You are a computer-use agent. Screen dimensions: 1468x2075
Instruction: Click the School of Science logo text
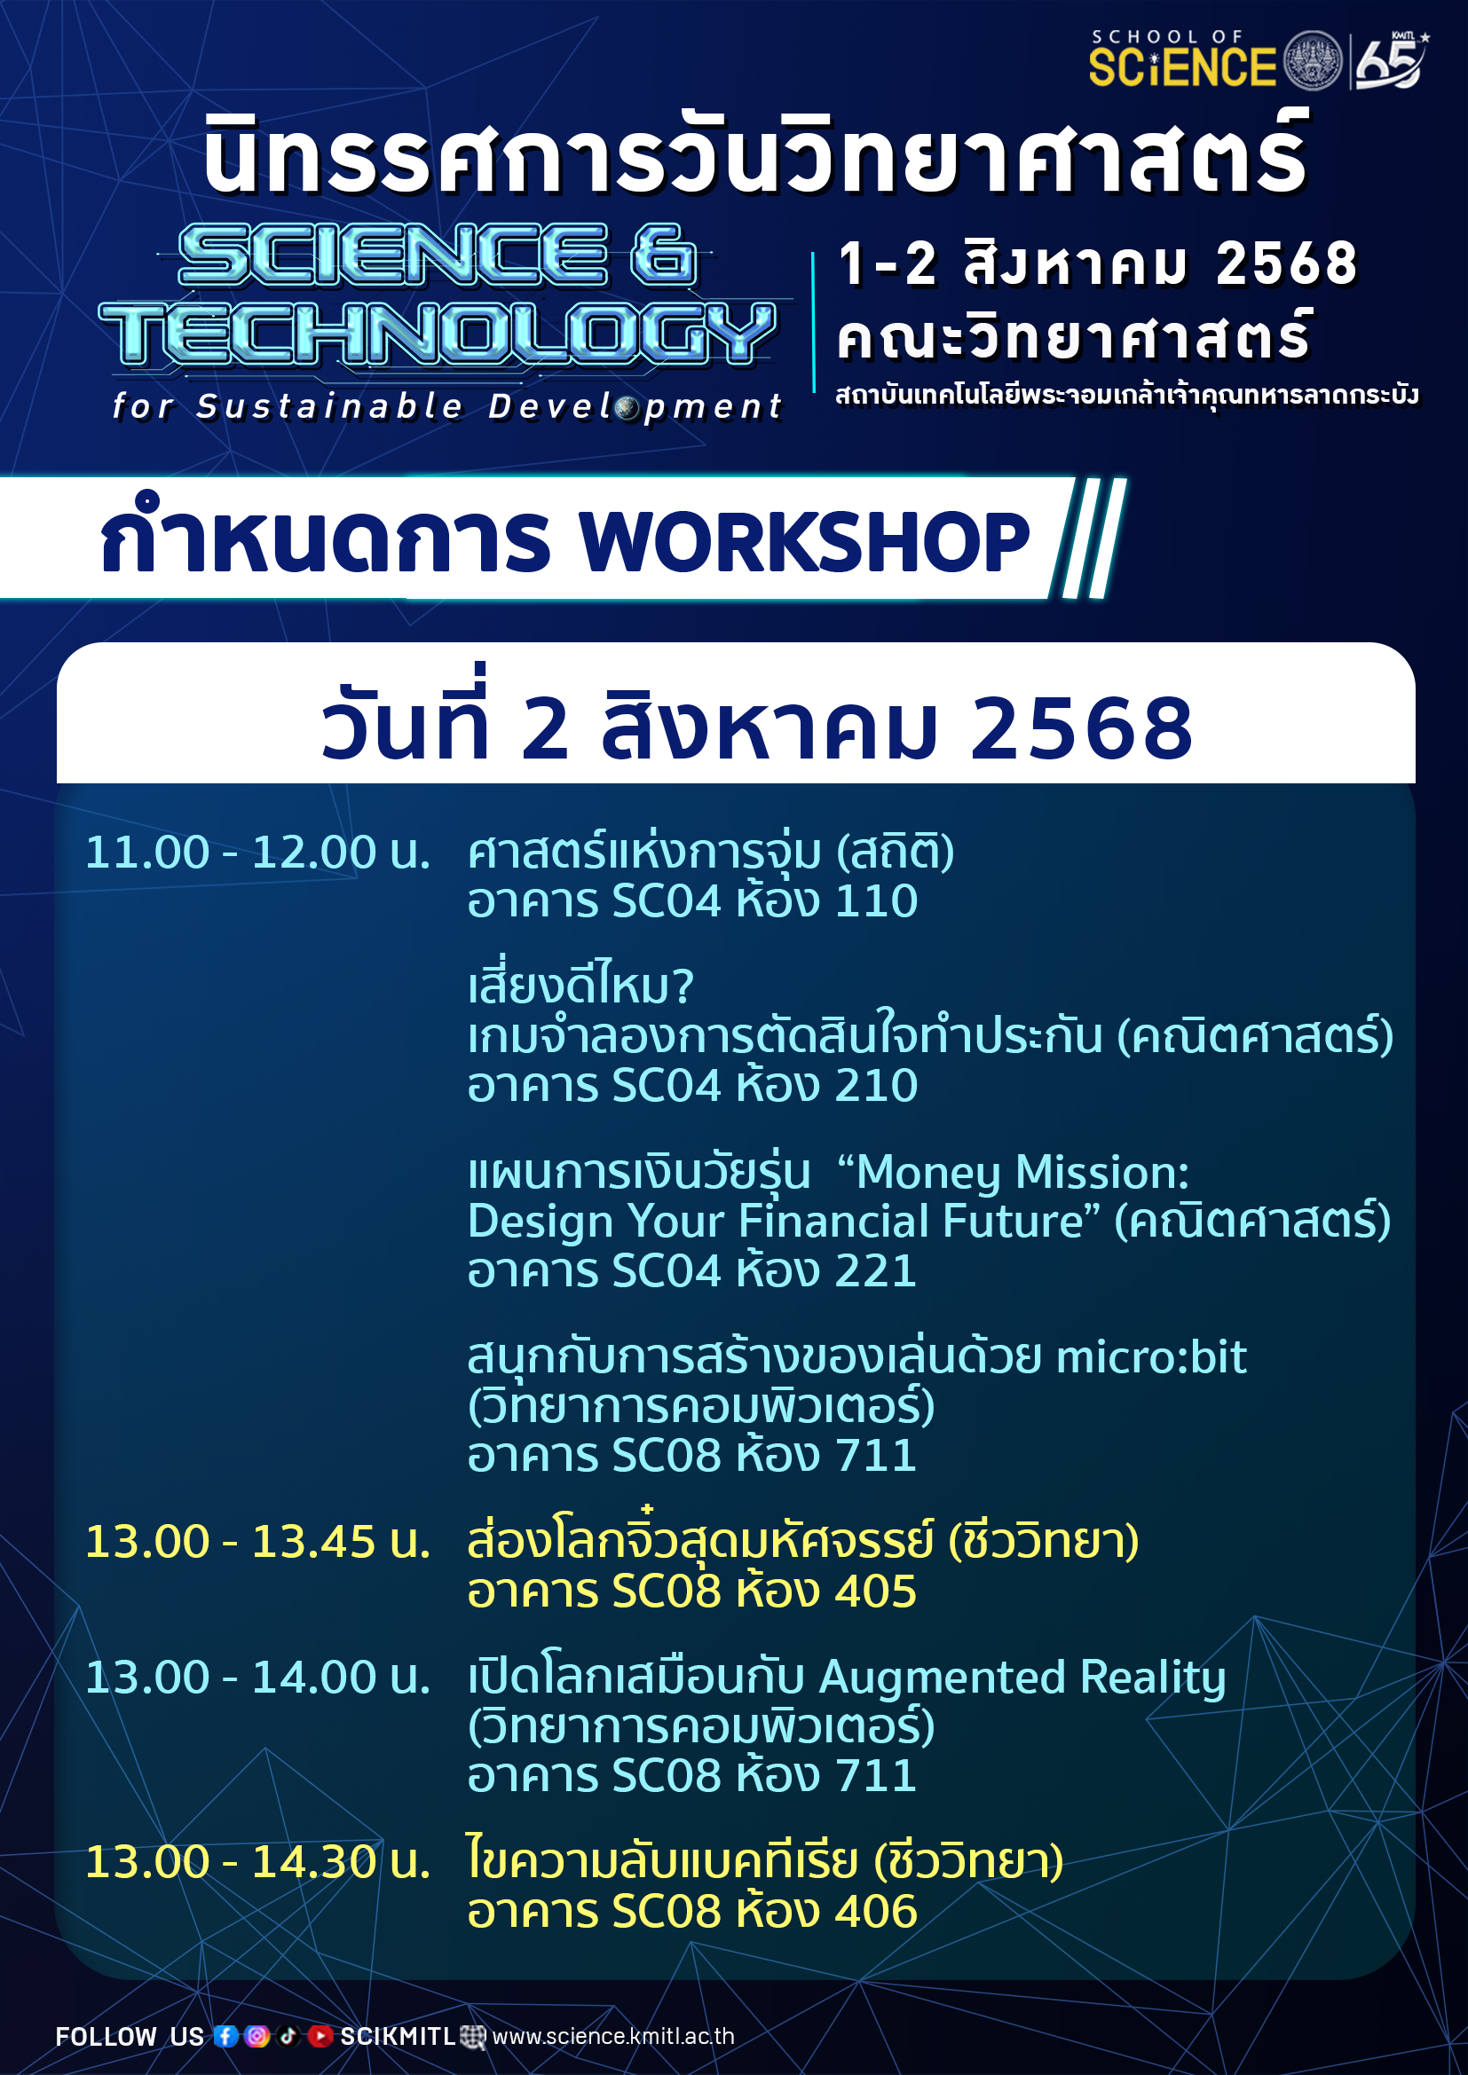point(1181,59)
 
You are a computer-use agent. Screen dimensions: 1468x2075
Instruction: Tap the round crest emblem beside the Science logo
point(1313,60)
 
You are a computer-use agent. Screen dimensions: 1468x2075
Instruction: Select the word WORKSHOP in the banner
point(804,542)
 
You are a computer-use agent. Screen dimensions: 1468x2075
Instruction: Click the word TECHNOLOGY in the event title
point(438,334)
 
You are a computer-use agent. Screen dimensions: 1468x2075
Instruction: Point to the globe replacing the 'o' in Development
point(628,408)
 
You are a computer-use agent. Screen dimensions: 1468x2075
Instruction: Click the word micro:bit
point(1152,1356)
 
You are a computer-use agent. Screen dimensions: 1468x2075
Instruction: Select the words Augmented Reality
point(1022,1679)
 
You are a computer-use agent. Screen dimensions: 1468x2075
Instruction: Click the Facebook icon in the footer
point(226,2035)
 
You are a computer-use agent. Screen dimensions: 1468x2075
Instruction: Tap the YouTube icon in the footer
point(320,2035)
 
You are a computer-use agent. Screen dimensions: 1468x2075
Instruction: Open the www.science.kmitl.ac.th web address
point(613,2036)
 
